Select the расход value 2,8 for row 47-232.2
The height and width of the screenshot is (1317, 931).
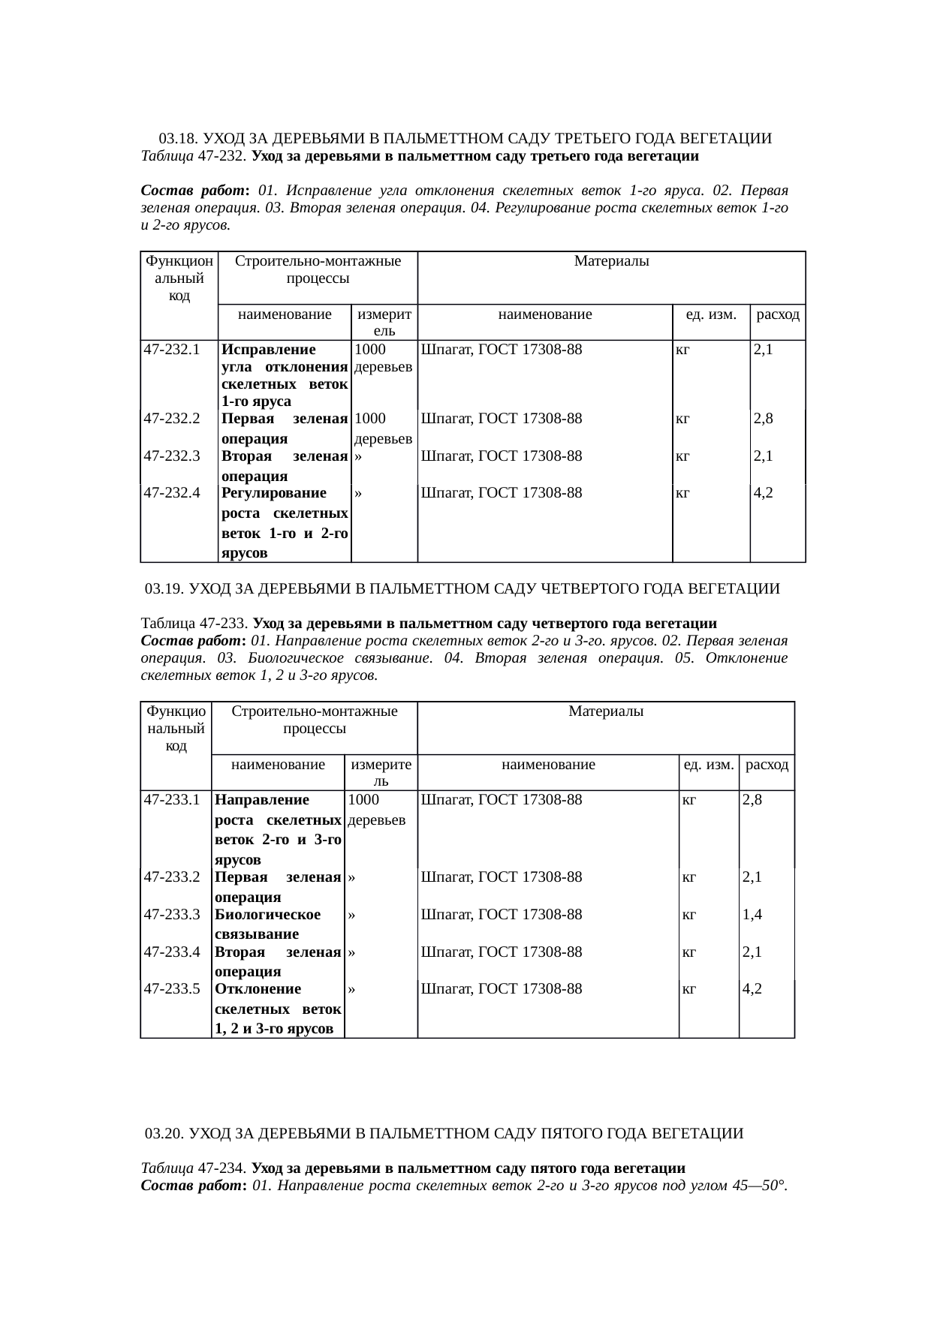764,419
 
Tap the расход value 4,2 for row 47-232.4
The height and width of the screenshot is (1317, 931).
764,493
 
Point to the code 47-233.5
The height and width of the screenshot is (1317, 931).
171,988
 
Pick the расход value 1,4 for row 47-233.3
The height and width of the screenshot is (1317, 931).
752,914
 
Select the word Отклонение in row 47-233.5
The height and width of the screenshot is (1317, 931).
258,988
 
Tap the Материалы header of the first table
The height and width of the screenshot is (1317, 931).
611,261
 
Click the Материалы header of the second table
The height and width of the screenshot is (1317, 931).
606,711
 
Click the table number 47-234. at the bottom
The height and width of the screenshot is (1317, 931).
223,1168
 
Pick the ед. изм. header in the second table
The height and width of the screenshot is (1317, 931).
708,765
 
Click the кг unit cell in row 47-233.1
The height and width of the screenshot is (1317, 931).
688,800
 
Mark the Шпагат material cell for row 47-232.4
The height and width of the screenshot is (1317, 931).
501,493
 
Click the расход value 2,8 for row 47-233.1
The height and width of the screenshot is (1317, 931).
752,800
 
